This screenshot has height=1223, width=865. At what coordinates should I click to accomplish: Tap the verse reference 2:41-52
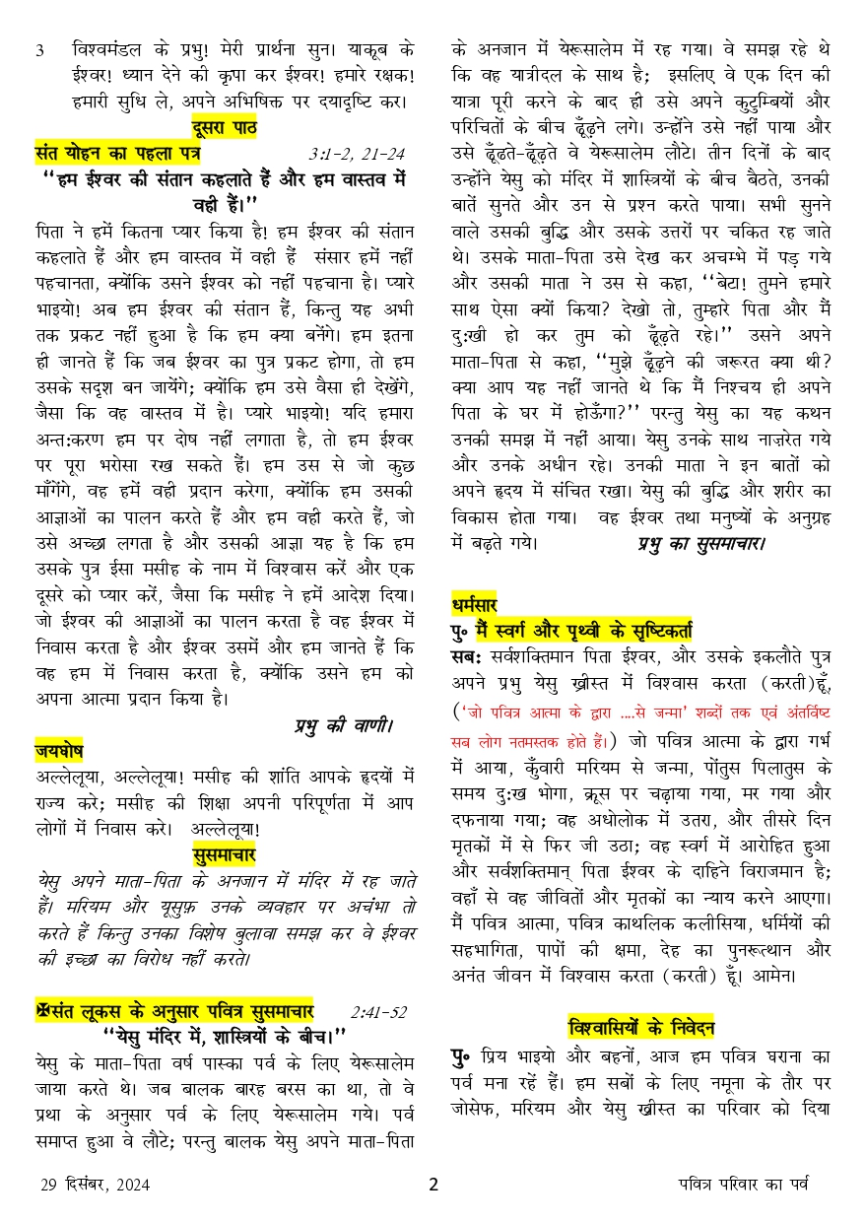pyautogui.click(x=377, y=1012)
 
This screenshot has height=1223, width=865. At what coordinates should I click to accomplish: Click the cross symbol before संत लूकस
pyautogui.click(x=41, y=1012)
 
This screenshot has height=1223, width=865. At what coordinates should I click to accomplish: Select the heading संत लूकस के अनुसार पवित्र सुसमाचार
pyautogui.click(x=180, y=1012)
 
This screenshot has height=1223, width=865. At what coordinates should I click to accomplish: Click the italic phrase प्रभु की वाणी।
pyautogui.click(x=343, y=725)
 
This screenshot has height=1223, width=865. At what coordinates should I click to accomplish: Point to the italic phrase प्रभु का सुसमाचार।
pyautogui.click(x=700, y=541)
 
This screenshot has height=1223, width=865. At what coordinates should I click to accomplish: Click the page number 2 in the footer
pyautogui.click(x=432, y=1185)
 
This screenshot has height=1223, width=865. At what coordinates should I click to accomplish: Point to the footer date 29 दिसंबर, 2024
pyautogui.click(x=96, y=1186)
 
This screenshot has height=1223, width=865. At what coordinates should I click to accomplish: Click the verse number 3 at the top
pyautogui.click(x=39, y=50)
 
